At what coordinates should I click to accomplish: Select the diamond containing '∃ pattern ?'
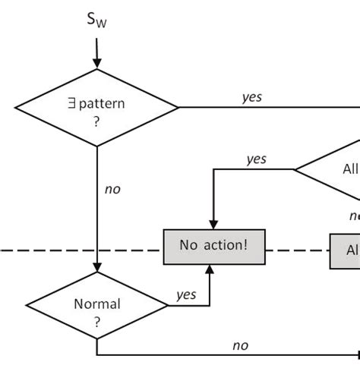(96, 107)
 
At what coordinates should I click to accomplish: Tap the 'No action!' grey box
(214, 247)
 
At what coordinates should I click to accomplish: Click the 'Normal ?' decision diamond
(96, 311)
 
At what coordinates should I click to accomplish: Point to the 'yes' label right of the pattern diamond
(252, 97)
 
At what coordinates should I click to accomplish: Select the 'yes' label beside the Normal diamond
(186, 294)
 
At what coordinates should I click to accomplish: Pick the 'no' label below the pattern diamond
(112, 189)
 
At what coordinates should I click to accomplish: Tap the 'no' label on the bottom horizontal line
(240, 345)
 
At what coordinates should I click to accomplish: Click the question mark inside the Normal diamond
(96, 321)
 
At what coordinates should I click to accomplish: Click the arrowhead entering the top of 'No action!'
(213, 224)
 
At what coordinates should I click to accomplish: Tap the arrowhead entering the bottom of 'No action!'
(210, 269)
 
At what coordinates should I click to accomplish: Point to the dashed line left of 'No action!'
(76, 250)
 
